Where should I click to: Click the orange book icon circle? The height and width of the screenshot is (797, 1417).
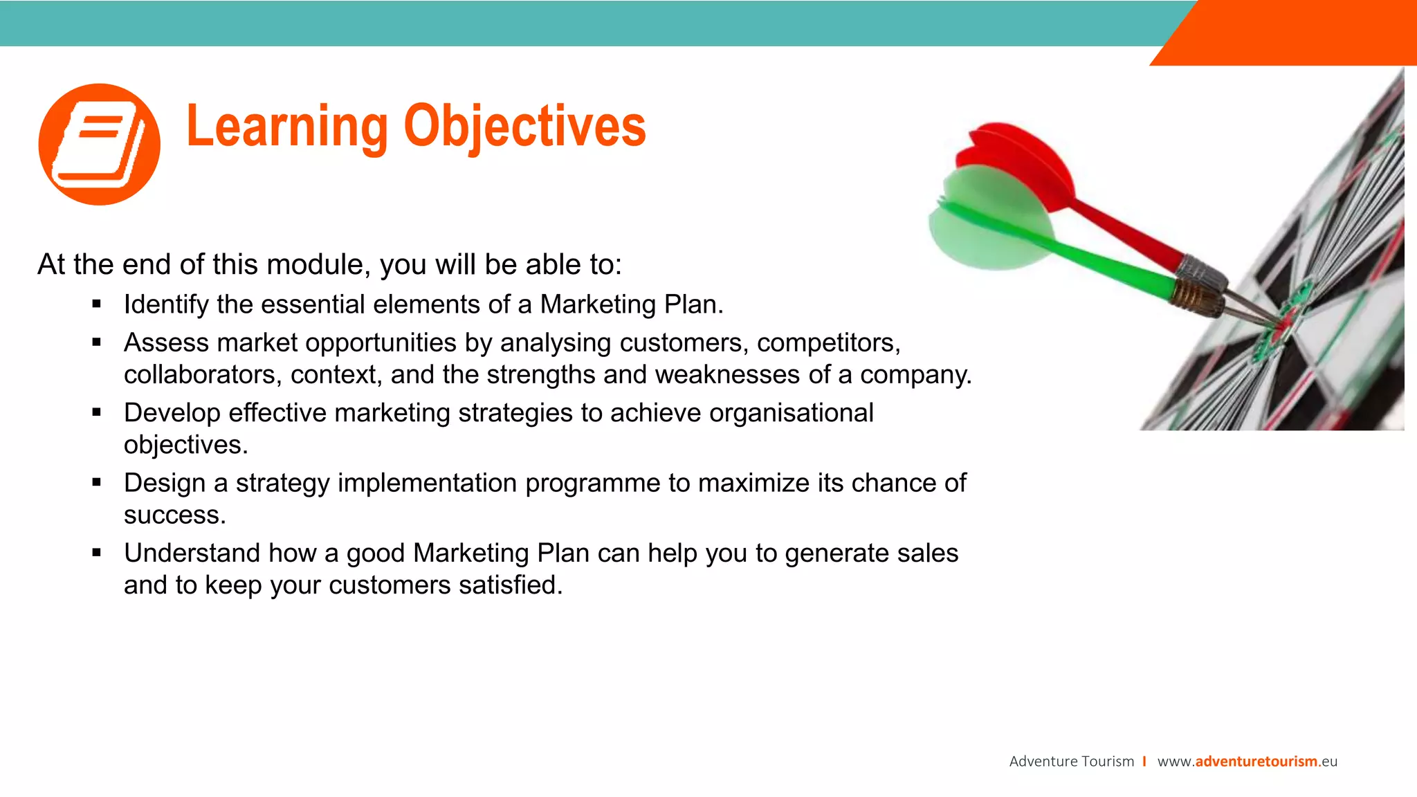(x=100, y=145)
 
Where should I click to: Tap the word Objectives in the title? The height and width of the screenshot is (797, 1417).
(x=524, y=127)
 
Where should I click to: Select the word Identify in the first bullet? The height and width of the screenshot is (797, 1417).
(x=166, y=304)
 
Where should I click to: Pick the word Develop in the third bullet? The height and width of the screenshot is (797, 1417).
(x=172, y=413)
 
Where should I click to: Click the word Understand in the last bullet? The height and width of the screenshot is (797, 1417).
(x=192, y=553)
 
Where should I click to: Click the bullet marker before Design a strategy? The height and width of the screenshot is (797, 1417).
(x=97, y=482)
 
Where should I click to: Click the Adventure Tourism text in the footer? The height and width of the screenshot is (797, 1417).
(x=1071, y=762)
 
